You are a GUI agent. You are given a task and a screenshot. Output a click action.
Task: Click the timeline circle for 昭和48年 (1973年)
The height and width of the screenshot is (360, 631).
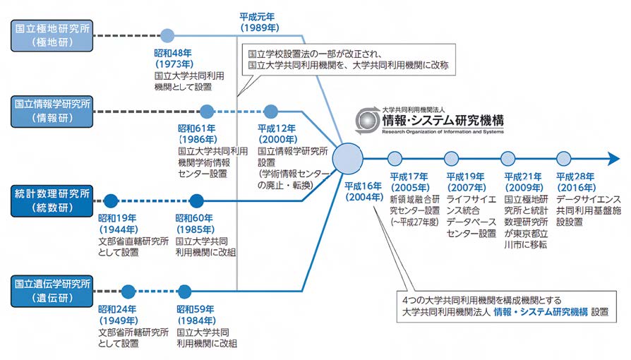(x=167, y=35)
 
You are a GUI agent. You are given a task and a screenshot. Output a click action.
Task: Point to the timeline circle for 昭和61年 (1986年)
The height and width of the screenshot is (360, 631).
(x=206, y=111)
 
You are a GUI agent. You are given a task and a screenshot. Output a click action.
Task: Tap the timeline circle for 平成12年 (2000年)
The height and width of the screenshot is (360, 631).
(x=271, y=111)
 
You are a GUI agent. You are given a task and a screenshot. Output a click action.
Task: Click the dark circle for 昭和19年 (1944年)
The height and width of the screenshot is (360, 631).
(x=109, y=200)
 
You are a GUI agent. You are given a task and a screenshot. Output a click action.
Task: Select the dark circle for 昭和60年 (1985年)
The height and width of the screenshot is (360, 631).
(x=196, y=200)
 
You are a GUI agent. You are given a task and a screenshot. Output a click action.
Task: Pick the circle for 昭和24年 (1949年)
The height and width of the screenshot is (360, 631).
(x=127, y=291)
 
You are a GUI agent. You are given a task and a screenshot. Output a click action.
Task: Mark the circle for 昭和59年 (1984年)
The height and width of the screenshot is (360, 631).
(x=185, y=291)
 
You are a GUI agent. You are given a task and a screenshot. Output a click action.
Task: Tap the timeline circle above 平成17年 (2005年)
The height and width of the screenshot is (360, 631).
(x=395, y=158)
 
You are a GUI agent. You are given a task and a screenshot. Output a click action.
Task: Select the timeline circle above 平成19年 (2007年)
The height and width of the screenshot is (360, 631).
(x=451, y=158)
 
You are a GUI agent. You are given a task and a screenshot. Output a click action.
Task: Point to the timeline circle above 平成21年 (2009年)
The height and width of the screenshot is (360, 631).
(x=507, y=158)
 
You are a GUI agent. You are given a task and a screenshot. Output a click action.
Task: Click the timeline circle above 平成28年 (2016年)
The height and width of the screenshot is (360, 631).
(x=563, y=158)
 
